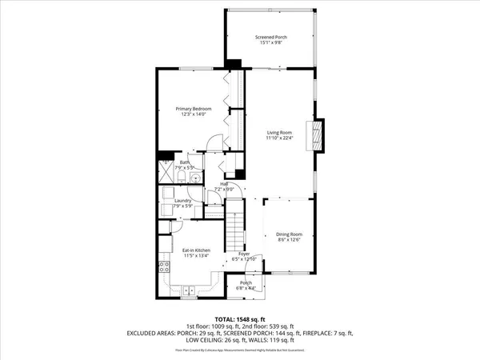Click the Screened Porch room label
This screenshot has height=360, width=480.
tap(270, 37)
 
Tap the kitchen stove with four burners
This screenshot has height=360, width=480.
tap(164, 268)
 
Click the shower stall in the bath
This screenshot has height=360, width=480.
tap(166, 170)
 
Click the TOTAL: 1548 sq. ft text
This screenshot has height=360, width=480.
tap(240, 318)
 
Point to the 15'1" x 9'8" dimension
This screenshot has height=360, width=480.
tap(270, 42)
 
